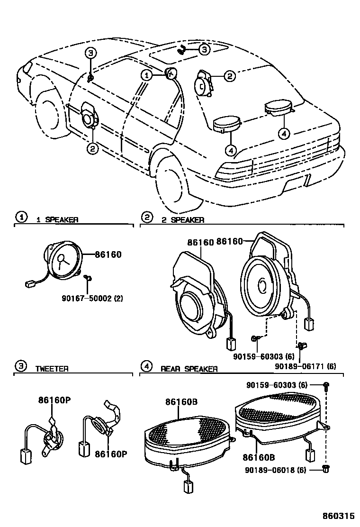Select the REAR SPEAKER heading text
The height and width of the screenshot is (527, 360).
pyautogui.click(x=189, y=369)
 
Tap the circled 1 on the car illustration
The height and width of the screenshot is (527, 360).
pyautogui.click(x=147, y=75)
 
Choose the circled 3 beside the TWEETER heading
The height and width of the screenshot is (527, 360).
pyautogui.click(x=20, y=365)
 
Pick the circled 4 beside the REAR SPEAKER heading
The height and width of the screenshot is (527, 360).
pyautogui.click(x=147, y=365)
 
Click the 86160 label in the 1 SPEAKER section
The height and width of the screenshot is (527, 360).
pyautogui.click(x=108, y=254)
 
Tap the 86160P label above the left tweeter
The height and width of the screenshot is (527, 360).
pyautogui.click(x=54, y=400)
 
